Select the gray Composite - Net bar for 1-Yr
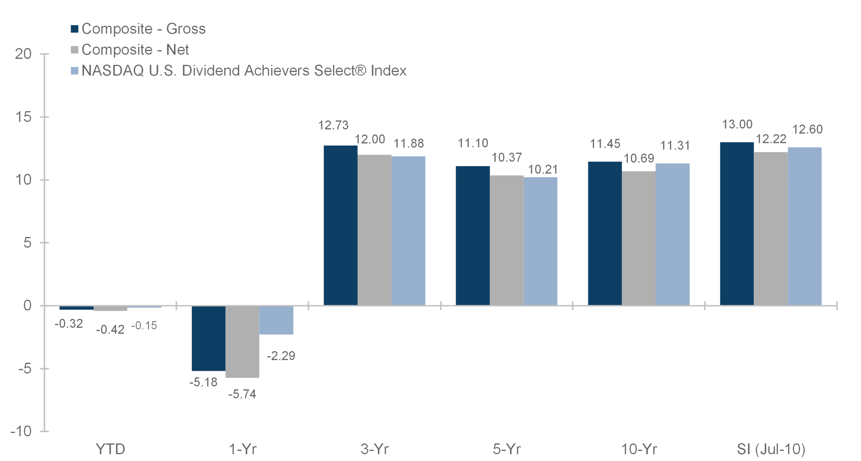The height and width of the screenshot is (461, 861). (x=242, y=341)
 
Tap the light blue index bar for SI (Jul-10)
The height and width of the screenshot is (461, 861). (x=804, y=226)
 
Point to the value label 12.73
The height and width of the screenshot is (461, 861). (x=333, y=125)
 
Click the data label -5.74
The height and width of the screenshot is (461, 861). (x=242, y=394)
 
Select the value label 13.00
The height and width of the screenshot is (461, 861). (x=737, y=124)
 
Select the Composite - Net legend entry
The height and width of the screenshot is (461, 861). (x=130, y=50)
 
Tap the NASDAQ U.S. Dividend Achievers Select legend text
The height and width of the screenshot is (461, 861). (x=244, y=70)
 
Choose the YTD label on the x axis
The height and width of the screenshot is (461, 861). (x=110, y=449)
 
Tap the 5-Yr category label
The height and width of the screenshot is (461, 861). (x=507, y=449)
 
